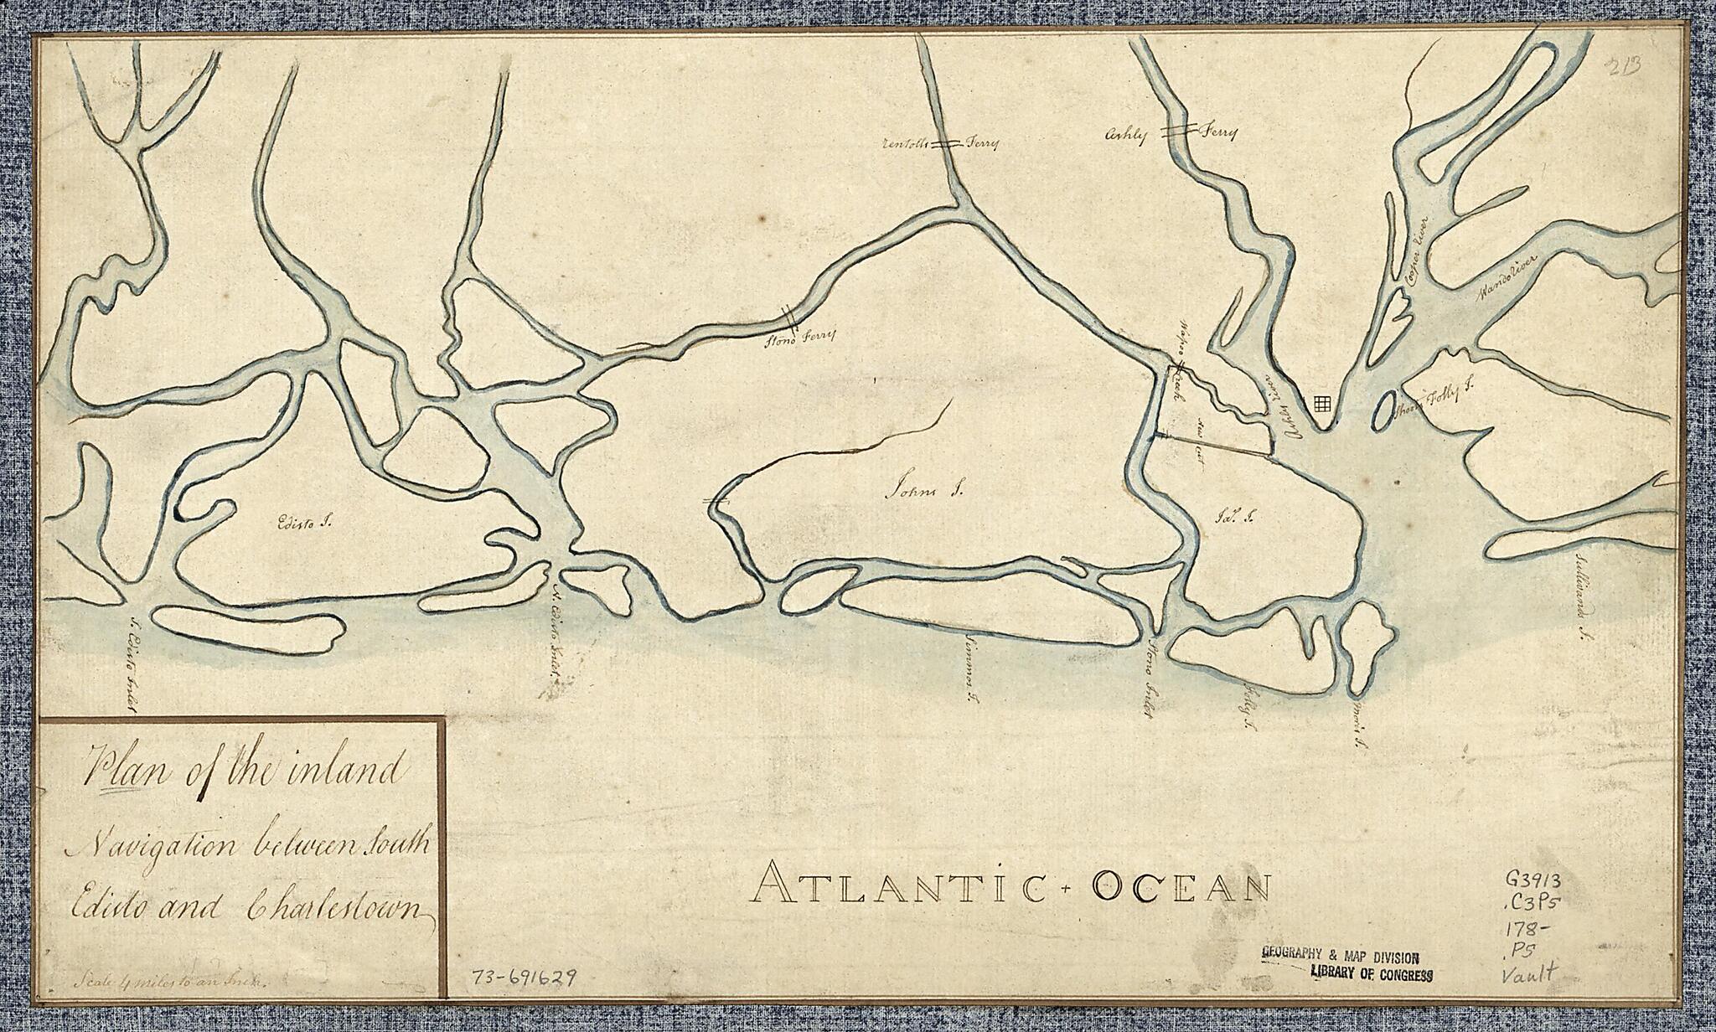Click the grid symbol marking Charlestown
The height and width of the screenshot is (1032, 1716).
pos(1322,404)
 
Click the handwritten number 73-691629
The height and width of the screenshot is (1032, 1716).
pos(524,978)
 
